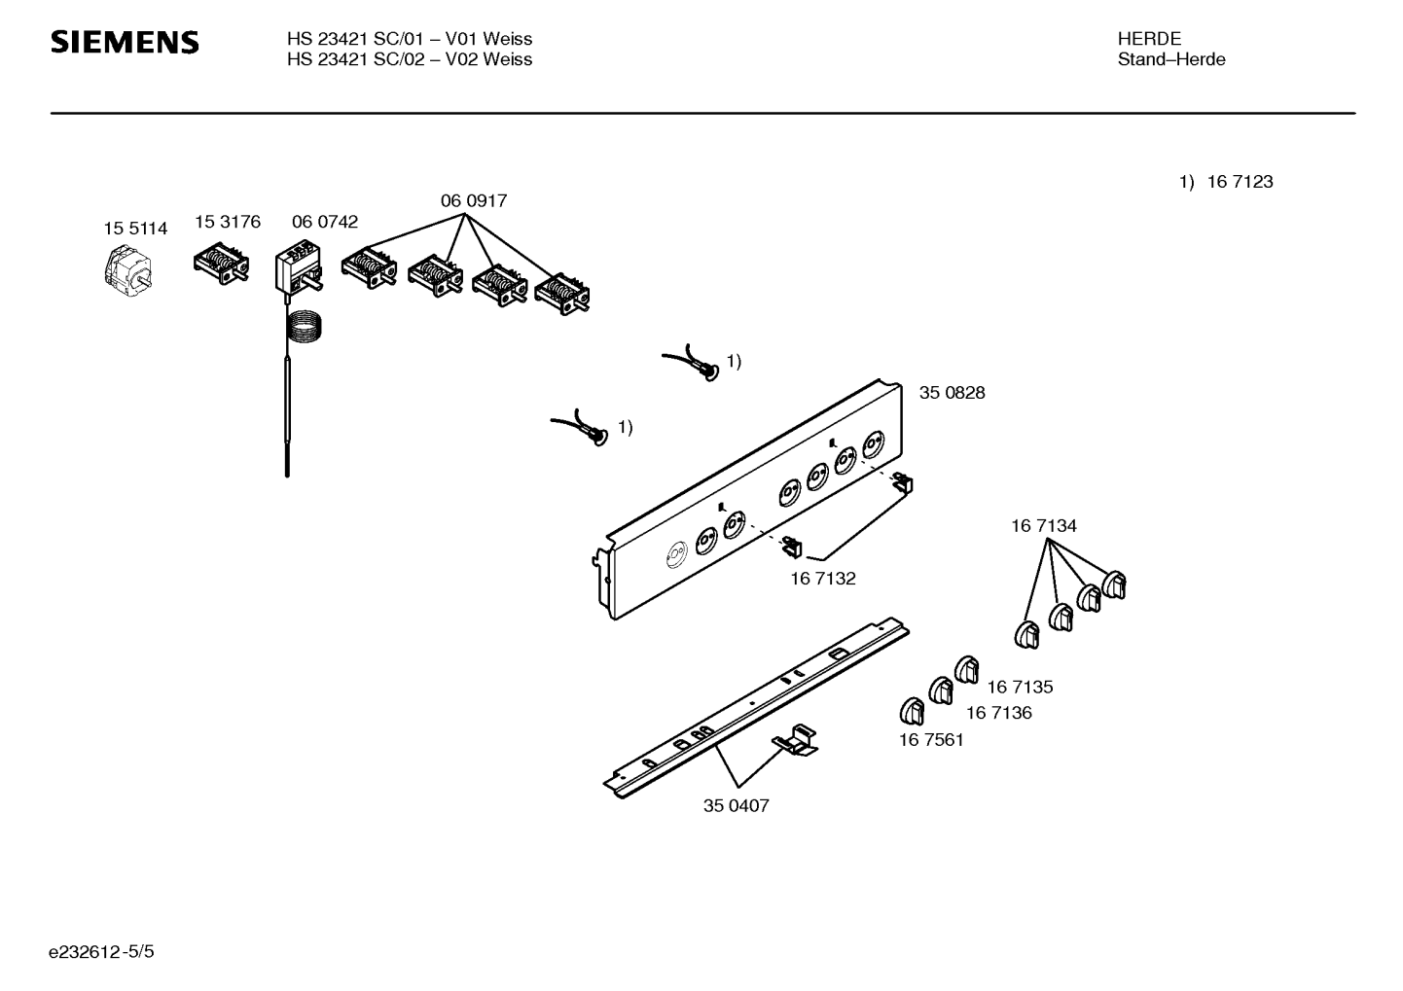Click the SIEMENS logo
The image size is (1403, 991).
pos(125,42)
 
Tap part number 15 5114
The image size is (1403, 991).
pos(135,229)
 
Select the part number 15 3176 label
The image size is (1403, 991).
pos(228,222)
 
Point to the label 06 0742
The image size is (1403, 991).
pos(325,222)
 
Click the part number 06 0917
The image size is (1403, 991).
pos(474,201)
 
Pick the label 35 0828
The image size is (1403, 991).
pos(952,393)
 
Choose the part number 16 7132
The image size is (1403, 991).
pos(822,579)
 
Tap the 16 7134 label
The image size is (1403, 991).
pos(1043,526)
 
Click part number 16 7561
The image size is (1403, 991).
pos(931,740)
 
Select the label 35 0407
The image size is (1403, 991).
pos(736,805)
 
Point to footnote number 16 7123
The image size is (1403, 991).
pos(1240,182)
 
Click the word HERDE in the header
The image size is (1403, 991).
pos(1149,39)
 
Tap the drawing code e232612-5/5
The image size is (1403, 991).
pos(101,951)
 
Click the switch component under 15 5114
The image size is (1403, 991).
pos(127,271)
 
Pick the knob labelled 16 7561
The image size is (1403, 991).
pos(912,711)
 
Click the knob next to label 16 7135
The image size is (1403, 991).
pos(966,670)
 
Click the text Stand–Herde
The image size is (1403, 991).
pos(1171,59)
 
